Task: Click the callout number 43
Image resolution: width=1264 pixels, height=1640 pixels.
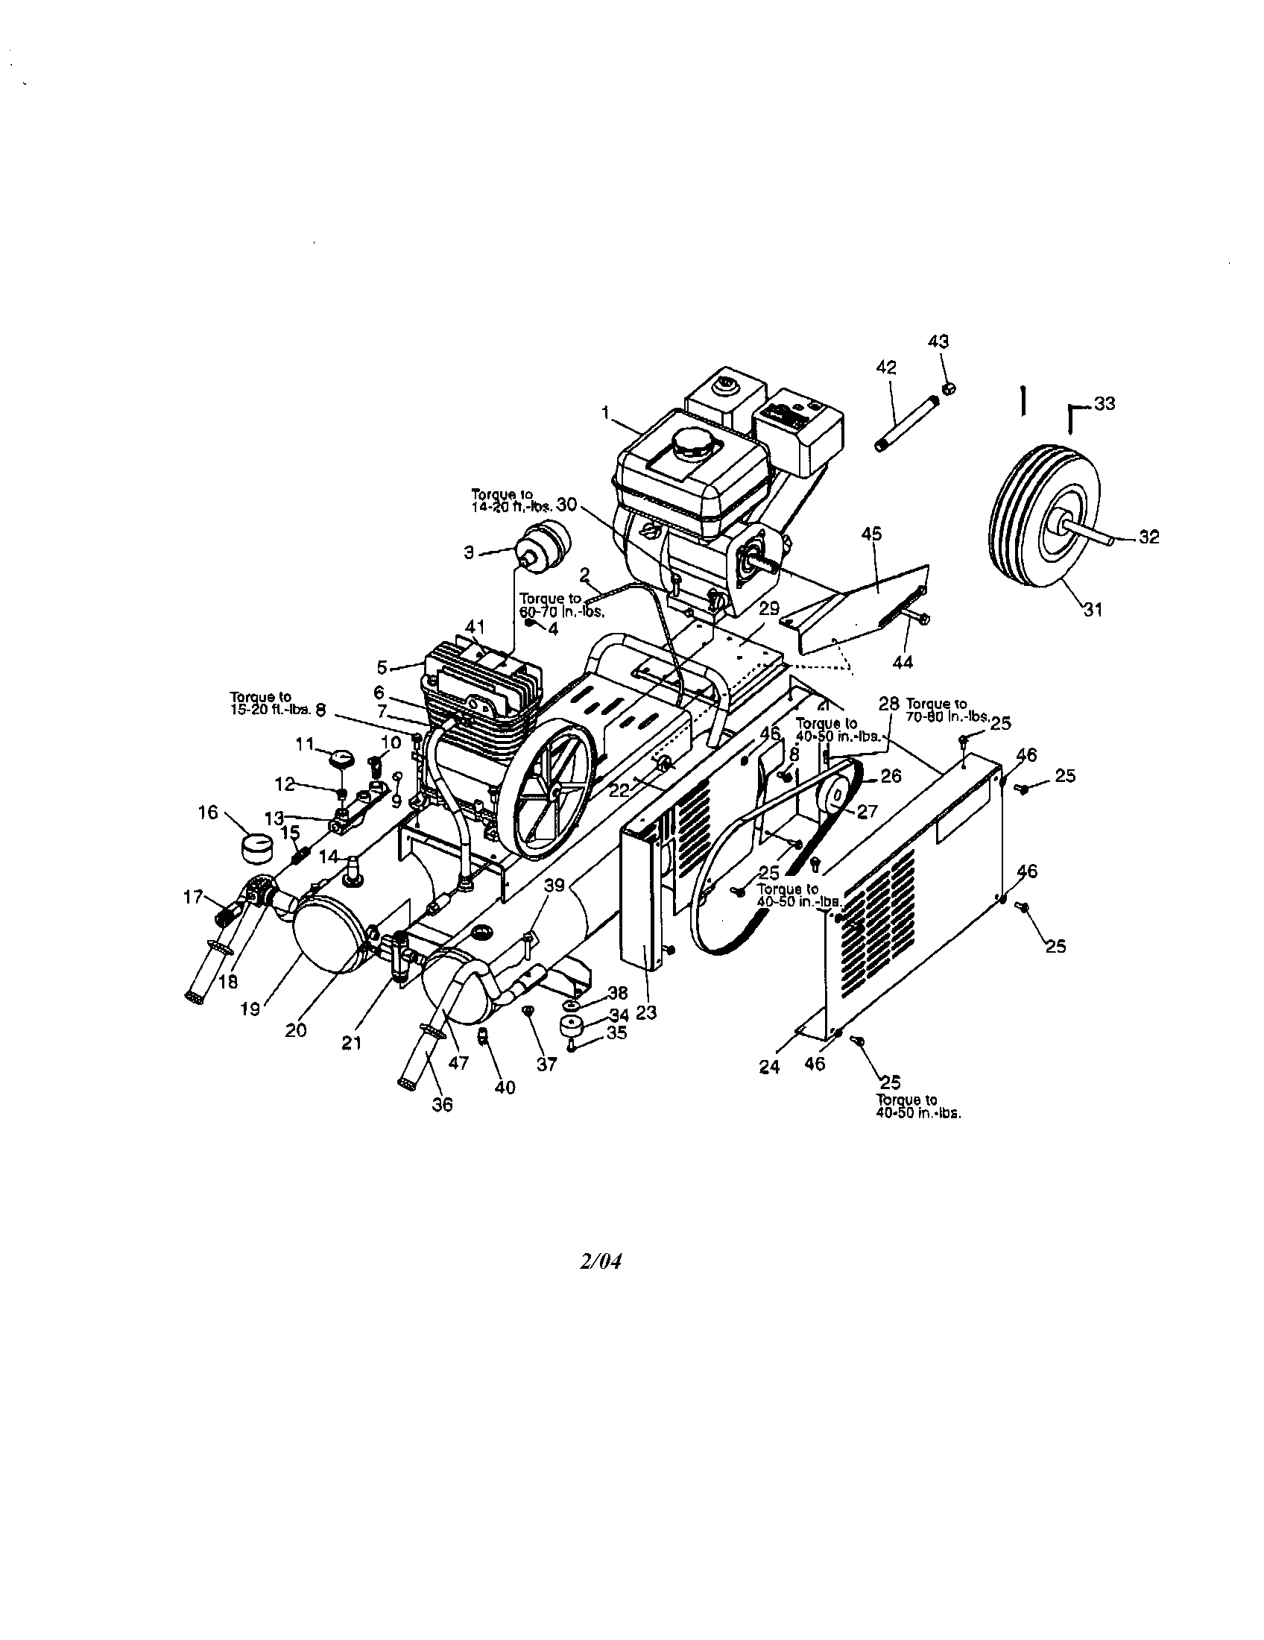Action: pyautogui.click(x=938, y=341)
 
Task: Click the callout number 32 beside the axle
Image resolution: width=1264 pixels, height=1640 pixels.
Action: pyautogui.click(x=1148, y=537)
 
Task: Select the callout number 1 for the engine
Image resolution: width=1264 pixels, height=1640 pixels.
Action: pyautogui.click(x=605, y=411)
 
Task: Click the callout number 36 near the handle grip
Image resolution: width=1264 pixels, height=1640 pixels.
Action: pyautogui.click(x=443, y=1105)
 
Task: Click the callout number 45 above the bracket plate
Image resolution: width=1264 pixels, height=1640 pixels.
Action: pyautogui.click(x=871, y=534)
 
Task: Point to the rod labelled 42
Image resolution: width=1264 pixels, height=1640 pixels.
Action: pyautogui.click(x=906, y=424)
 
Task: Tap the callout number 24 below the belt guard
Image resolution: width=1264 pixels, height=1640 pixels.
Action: pyautogui.click(x=769, y=1066)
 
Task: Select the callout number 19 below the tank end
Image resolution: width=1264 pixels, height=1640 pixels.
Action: pyautogui.click(x=250, y=1010)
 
